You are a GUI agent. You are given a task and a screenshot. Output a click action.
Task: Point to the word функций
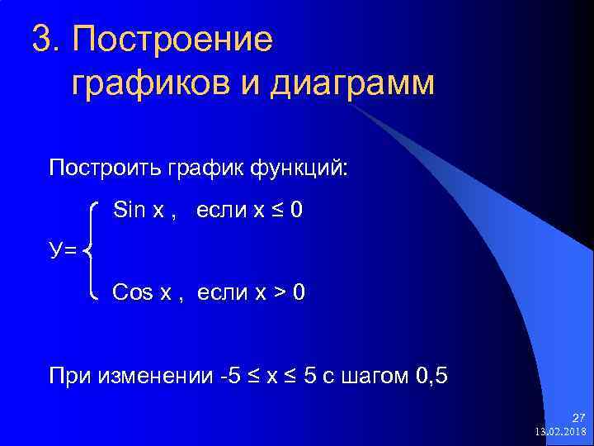click(x=303, y=168)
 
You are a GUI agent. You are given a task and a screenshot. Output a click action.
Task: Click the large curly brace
click(x=92, y=250)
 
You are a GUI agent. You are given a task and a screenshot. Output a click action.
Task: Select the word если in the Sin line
click(x=223, y=211)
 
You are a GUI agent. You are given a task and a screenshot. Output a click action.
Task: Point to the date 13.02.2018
click(x=560, y=432)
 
